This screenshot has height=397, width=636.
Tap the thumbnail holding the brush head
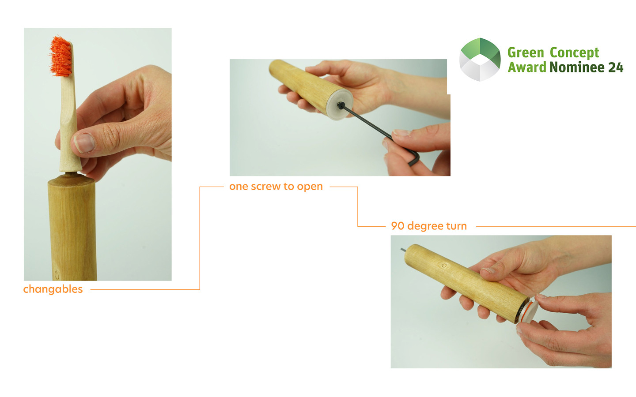(84, 143)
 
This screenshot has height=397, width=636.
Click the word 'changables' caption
(53, 289)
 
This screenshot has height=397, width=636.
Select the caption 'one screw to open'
(276, 187)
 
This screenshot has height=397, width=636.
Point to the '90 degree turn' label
(429, 226)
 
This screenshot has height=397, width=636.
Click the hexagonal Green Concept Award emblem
(480, 60)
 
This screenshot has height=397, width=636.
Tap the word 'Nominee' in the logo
(577, 67)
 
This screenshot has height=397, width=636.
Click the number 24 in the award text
(616, 67)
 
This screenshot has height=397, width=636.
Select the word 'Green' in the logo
(526, 53)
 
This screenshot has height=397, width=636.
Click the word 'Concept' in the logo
(574, 53)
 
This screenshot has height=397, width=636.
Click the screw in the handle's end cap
(340, 106)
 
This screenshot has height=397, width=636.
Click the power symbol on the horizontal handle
(444, 266)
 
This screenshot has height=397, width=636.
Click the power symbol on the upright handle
(57, 274)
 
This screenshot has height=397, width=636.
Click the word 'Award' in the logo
(527, 67)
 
